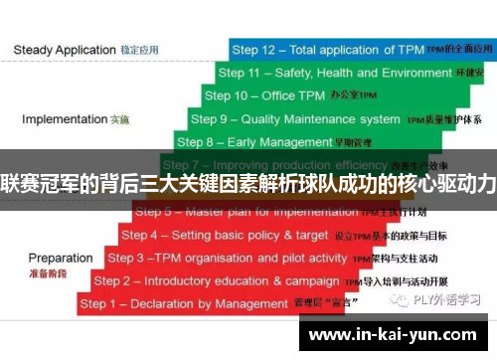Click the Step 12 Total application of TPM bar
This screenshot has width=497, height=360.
[358, 49]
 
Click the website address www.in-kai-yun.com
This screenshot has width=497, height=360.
[398, 334]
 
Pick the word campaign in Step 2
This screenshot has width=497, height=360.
[311, 280]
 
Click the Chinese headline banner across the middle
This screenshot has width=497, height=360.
[248, 182]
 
